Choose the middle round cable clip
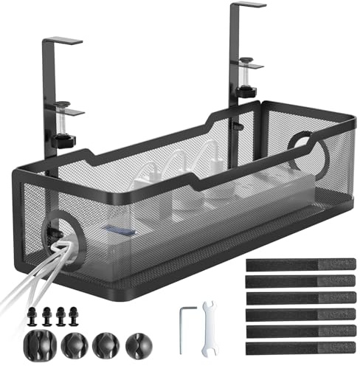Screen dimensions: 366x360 pyautogui.click(x=105, y=343)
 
